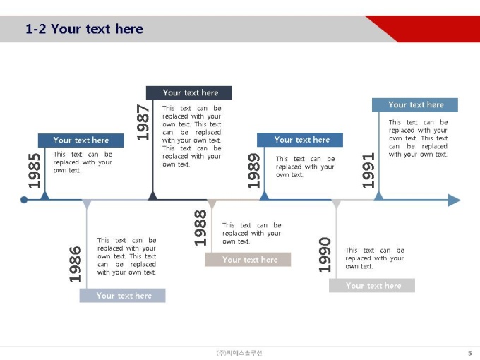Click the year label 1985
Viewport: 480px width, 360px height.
tap(35, 171)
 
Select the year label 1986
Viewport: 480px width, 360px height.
tap(76, 264)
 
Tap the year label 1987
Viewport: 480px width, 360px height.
tap(143, 122)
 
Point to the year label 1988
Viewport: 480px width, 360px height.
tap(200, 228)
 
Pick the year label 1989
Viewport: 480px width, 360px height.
tap(254, 171)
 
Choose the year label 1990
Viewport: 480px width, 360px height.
tap(325, 255)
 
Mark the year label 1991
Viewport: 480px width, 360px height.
tap(368, 170)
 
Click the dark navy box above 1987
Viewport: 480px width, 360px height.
tap(189, 92)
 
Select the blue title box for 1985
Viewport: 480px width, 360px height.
tap(81, 140)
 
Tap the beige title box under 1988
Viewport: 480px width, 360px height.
tap(248, 260)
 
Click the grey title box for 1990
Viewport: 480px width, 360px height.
tap(372, 286)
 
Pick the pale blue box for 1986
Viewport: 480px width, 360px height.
tap(122, 295)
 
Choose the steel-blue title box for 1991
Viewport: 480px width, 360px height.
tap(415, 104)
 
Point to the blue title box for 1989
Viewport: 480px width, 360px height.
tap(300, 140)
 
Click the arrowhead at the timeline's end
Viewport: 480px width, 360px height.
tap(455, 200)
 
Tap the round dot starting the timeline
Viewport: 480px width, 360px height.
tap(24, 200)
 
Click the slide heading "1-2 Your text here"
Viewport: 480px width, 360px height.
tap(85, 29)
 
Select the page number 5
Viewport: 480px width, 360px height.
tap(470, 353)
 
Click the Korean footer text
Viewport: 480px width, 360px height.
tap(239, 353)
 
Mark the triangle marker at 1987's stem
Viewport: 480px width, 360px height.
tap(152, 196)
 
